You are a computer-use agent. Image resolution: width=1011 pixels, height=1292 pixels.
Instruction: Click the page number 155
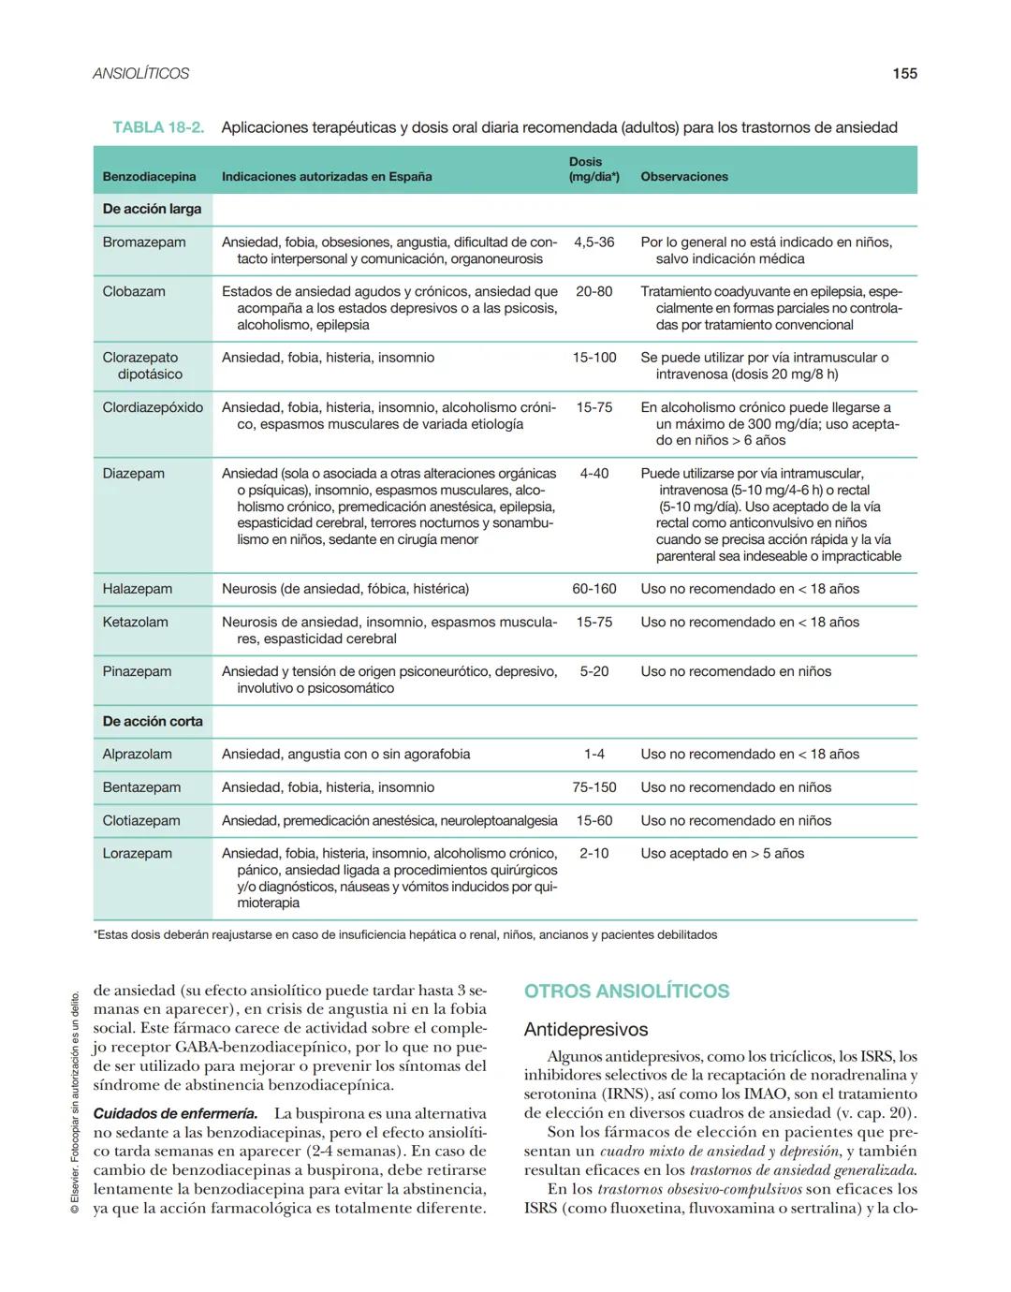pos(903,73)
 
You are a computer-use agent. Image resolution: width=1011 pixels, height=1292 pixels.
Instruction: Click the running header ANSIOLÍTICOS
pos(140,73)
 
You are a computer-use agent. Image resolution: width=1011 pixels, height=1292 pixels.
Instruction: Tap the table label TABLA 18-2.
pos(158,127)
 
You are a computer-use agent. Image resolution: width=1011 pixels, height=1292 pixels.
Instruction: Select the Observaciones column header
pos(683,176)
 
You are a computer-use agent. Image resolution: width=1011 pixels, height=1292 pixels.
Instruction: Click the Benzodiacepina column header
pos(149,176)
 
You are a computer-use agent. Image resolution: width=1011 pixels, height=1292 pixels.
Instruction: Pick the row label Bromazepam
pos(144,242)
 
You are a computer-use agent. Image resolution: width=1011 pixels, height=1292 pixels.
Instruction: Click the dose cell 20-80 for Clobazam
pos(593,291)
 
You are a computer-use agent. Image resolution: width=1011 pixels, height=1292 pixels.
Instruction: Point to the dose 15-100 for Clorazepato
pos(593,358)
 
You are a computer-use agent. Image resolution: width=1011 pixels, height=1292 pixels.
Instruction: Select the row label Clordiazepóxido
pos(153,407)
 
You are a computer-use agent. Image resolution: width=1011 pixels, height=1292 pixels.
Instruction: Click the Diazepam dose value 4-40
pos(593,474)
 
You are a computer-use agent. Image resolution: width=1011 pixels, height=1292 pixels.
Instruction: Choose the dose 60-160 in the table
pos(593,589)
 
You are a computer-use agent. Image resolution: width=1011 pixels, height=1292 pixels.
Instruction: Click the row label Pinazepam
pos(137,671)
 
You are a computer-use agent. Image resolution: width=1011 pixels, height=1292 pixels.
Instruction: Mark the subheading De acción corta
pos(153,721)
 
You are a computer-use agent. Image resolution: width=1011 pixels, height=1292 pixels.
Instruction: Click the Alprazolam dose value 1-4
pos(593,754)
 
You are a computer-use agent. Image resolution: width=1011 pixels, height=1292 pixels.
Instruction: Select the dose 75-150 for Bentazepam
pos(593,787)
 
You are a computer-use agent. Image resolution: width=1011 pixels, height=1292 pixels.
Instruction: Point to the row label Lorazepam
pos(137,853)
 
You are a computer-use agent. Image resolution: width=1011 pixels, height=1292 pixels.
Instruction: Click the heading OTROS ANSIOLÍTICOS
pos(626,991)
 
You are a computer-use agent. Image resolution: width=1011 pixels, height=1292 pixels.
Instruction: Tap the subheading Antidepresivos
pos(585,1030)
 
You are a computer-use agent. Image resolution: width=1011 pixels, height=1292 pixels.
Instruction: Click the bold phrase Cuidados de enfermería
pos(175,1113)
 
